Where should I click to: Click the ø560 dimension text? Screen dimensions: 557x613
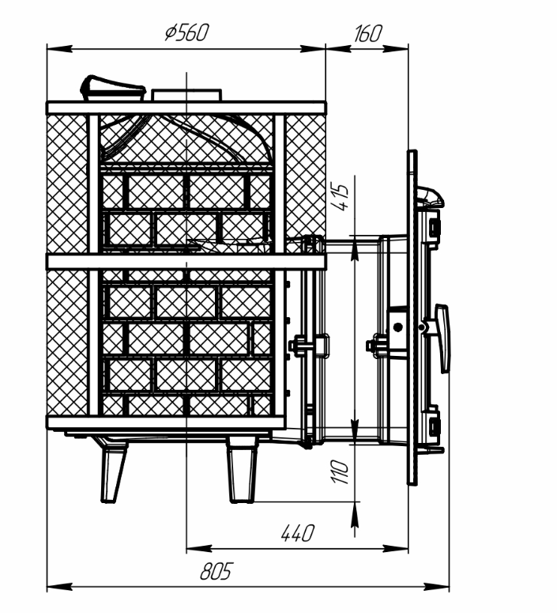187,32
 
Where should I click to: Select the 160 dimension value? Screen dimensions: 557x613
367,34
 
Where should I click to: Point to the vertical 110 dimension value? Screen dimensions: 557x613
340,472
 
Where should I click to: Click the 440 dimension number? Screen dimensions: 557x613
297,533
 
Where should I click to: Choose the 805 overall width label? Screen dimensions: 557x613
216,571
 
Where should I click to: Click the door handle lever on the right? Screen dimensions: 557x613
442,339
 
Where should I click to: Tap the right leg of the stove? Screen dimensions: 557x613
243,469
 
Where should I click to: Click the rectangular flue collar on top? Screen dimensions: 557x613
186,95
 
